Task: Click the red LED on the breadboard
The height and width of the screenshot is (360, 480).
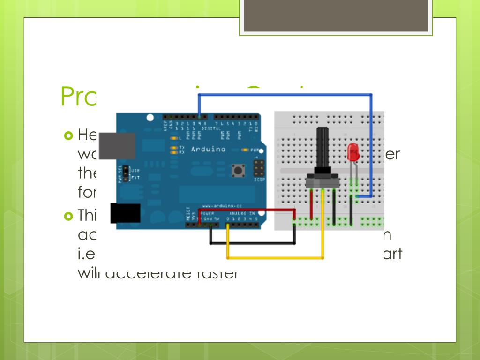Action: tap(353, 152)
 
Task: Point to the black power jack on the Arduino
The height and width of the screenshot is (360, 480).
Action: tap(125, 213)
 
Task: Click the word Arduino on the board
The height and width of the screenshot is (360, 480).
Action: tap(208, 149)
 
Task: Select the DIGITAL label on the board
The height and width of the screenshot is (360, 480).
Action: tap(211, 128)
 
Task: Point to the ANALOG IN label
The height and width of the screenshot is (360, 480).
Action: tap(242, 214)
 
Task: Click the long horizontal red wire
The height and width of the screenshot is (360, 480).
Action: tap(248, 210)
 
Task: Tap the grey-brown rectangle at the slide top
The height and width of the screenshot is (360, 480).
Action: tap(336, 15)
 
